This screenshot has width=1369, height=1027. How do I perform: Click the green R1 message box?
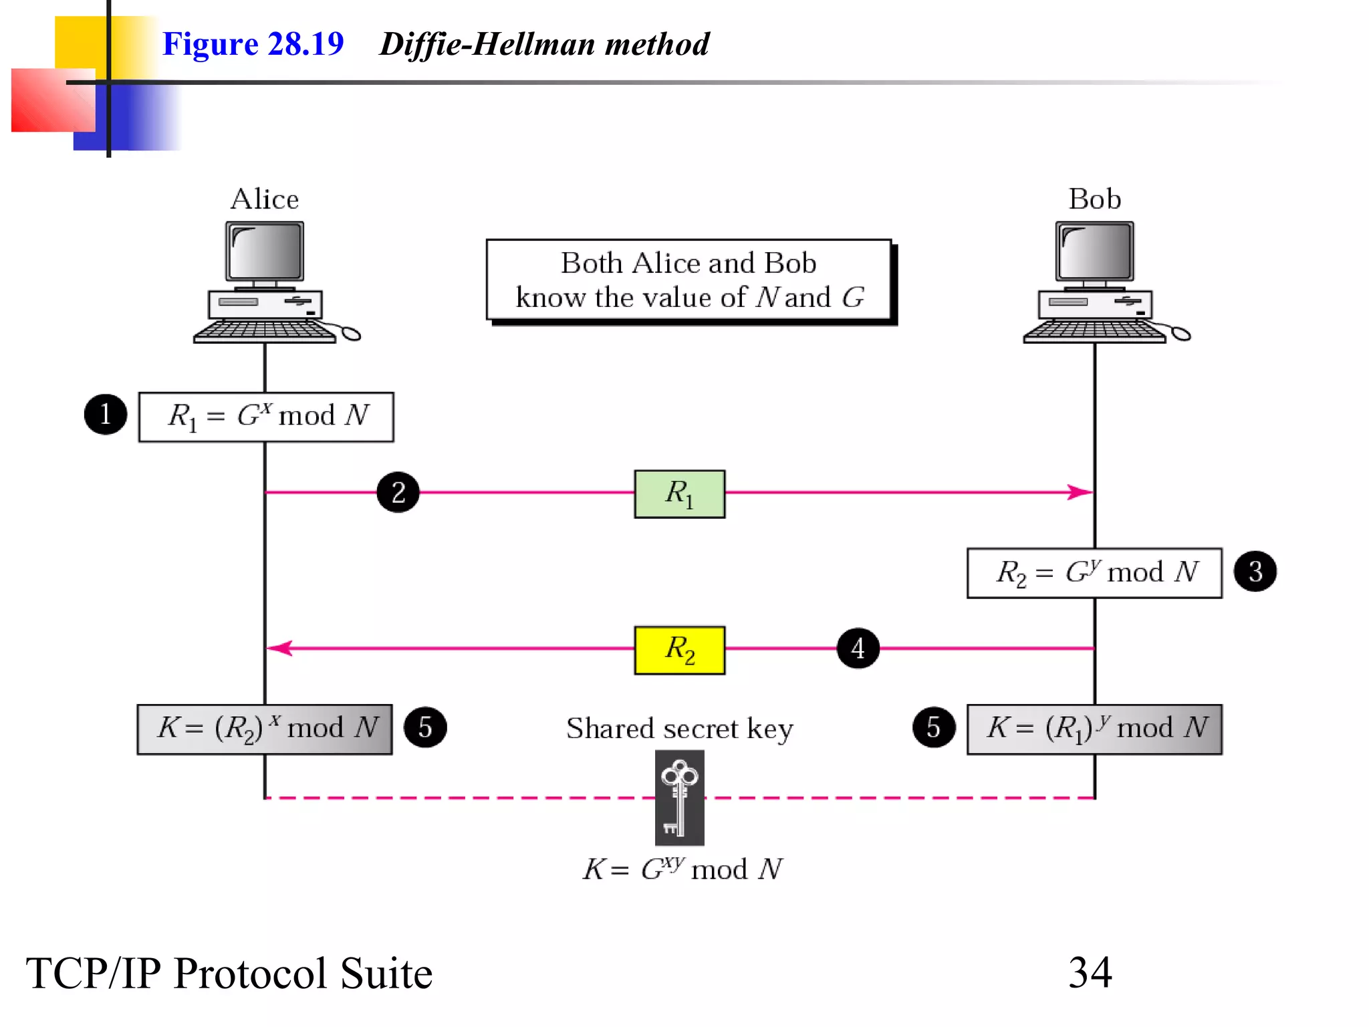[x=679, y=494]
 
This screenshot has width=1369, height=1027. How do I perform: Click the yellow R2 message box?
[x=679, y=650]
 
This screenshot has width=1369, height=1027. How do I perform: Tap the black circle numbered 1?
[x=106, y=415]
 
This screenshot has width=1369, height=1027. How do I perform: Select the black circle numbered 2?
[x=398, y=493]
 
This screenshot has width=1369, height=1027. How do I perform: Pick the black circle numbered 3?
[x=1255, y=572]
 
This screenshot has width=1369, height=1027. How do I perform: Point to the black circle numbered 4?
[x=858, y=648]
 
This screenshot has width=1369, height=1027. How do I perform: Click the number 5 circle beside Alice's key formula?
[x=425, y=727]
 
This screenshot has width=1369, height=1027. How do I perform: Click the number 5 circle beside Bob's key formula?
[x=934, y=727]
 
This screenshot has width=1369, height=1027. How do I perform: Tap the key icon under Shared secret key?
[x=679, y=798]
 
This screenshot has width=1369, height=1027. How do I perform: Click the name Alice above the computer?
[x=265, y=199]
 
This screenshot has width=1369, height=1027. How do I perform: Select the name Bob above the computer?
[x=1094, y=199]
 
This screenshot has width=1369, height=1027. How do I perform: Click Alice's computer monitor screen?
[x=265, y=251]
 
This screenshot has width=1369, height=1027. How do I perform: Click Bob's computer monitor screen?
[x=1095, y=251]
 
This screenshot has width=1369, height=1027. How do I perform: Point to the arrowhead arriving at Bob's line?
[x=1080, y=492]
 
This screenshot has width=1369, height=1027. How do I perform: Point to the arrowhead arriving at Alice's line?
[x=279, y=648]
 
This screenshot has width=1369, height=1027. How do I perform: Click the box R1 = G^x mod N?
[x=266, y=417]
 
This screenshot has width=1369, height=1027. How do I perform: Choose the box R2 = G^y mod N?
[x=1094, y=573]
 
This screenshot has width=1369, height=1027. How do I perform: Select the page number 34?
[x=1090, y=972]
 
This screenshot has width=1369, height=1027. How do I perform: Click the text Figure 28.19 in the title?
[x=253, y=44]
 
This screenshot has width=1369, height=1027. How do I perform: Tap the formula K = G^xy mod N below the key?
[x=682, y=869]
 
